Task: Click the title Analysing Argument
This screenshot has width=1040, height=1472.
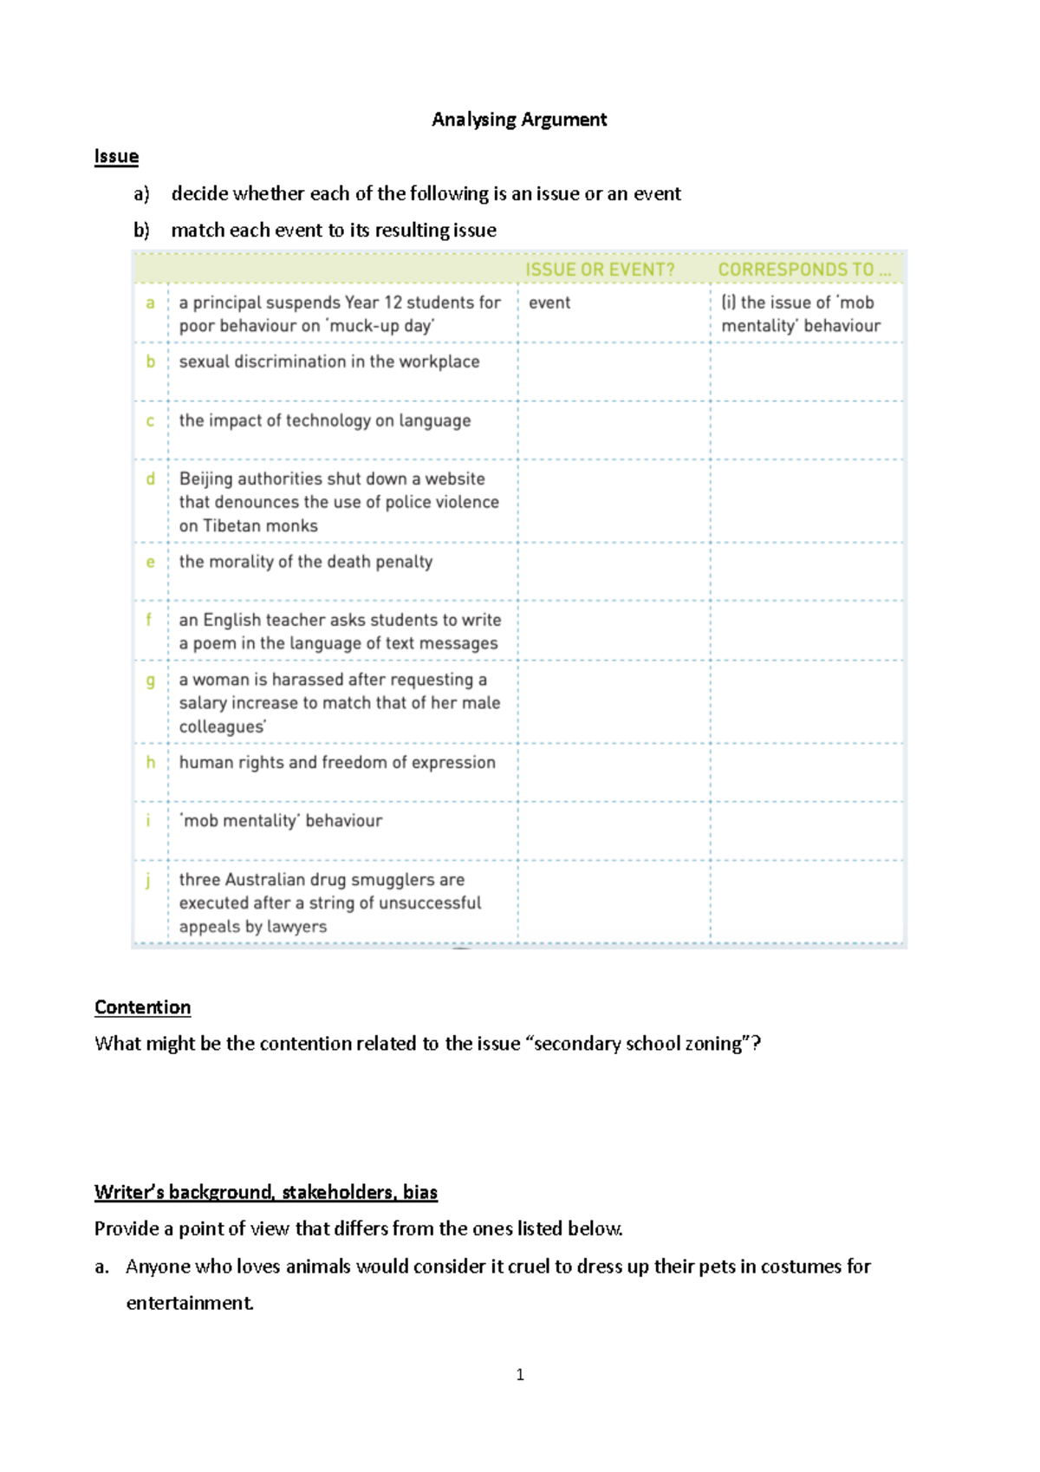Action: click(519, 120)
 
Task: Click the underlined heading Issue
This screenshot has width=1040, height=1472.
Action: click(116, 157)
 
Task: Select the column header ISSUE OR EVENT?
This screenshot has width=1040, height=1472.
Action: click(600, 270)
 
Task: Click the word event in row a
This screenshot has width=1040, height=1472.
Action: click(549, 303)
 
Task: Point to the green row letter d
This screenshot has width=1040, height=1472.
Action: click(151, 479)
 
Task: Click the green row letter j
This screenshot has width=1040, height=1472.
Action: click(148, 880)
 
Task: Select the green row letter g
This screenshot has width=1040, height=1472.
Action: click(151, 681)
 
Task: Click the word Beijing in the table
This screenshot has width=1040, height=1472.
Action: click(205, 479)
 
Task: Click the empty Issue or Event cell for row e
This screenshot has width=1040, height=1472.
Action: click(614, 571)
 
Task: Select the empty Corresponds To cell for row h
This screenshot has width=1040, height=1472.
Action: click(806, 772)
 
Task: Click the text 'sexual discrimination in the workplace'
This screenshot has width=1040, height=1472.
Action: click(328, 361)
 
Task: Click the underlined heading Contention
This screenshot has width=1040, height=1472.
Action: click(142, 1007)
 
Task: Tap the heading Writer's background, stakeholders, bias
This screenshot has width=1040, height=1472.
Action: click(265, 1192)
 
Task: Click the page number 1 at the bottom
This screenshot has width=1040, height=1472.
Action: click(520, 1374)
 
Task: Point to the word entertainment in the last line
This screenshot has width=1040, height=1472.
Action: click(190, 1303)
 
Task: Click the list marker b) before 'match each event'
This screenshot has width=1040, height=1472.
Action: click(141, 231)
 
